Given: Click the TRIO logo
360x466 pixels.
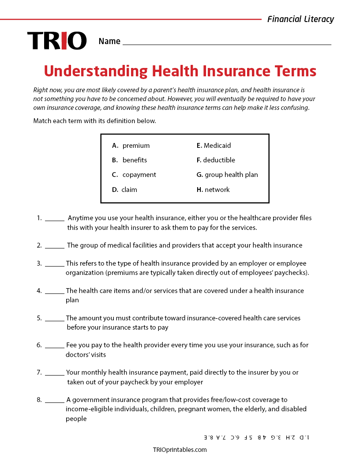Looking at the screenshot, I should pos(57,41).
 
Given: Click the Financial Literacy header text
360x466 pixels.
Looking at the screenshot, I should pos(300,19).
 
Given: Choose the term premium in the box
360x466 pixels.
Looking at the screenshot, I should pos(136,146).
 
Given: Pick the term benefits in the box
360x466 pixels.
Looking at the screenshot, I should pos(135,160).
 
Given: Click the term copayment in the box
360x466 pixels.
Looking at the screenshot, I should pos(139,175).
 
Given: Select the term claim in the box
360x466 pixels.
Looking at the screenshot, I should pos(129,190).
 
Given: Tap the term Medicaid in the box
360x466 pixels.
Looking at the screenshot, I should pos(217,146).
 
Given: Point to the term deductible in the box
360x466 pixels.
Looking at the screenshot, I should pos(219,160).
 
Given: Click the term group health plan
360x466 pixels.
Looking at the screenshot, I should pos(231,175).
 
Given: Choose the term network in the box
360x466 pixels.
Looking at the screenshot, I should pos(217,190).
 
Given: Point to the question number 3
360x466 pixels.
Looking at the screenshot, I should pos(39,263).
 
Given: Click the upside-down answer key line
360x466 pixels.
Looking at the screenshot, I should pos(256,437).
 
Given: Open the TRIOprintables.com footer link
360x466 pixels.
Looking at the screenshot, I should pos(180,450).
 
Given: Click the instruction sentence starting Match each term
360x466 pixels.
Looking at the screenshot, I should pos(94,121).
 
